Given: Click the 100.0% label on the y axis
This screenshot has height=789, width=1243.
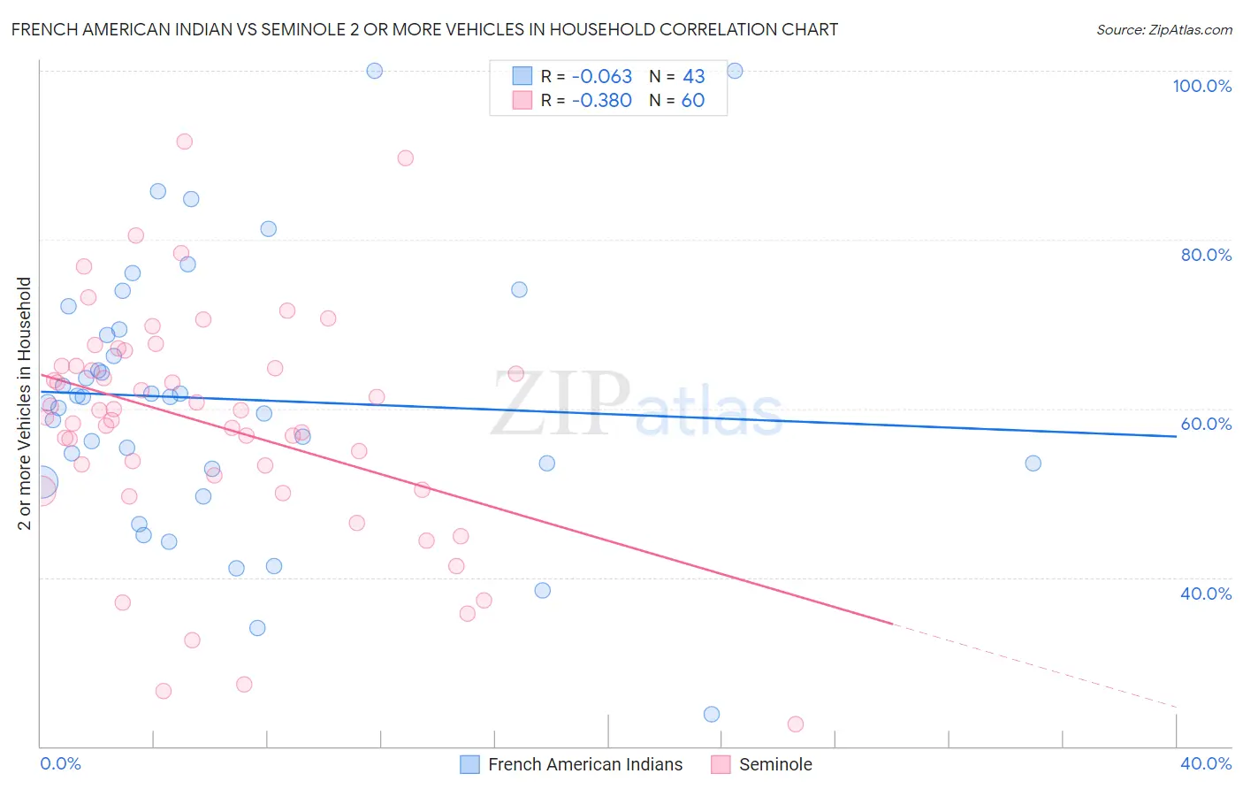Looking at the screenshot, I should coord(1201,86).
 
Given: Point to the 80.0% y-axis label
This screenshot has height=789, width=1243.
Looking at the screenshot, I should coord(1206,255).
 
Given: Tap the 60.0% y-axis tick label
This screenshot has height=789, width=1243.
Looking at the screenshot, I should coord(1206,424).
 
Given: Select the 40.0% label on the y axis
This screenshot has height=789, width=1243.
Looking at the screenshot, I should coord(1206,594).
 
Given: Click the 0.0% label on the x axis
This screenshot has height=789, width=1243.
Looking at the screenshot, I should coord(60,763).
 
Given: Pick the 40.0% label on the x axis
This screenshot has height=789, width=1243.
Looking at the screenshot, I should coord(1206,763).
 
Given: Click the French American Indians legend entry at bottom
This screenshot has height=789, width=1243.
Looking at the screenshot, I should coord(584,764).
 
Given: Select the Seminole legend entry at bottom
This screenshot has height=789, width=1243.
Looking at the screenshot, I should coord(774,764).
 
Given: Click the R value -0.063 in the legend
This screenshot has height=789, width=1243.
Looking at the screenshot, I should coord(601,77).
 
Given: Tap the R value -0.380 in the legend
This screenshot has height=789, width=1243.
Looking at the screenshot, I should coord(601,101).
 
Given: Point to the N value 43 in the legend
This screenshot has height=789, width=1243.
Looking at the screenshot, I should coord(693,77).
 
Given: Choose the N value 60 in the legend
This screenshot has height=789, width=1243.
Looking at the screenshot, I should coord(693,101).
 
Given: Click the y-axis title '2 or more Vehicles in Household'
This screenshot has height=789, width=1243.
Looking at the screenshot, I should coord(25,403).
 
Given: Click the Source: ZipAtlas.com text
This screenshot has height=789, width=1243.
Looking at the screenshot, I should coord(1163,30).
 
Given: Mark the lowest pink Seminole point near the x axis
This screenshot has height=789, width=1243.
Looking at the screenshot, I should coord(796,724).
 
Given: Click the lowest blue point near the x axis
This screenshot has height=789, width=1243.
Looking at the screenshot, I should coord(712,715).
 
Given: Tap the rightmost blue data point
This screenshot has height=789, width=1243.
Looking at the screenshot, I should coord(1033,463).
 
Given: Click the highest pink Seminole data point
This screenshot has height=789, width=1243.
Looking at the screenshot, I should coord(184,142).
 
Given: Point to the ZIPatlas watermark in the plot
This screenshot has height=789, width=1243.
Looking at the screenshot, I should coord(637,406).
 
